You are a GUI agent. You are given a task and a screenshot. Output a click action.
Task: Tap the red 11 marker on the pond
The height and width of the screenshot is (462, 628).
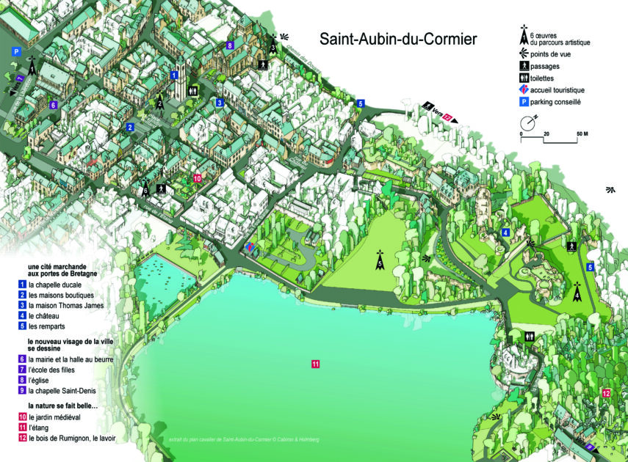pyautogui.click(x=314, y=364)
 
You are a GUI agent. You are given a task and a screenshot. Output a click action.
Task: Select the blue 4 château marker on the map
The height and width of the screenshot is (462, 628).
pyautogui.click(x=505, y=232)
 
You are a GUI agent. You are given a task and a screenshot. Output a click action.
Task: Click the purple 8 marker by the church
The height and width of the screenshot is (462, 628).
pyautogui.click(x=230, y=45)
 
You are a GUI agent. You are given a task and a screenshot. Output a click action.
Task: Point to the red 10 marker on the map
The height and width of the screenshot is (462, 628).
pyautogui.click(x=197, y=177)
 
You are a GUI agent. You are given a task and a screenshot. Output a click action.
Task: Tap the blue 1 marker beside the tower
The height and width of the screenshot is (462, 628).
pyautogui.click(x=174, y=75)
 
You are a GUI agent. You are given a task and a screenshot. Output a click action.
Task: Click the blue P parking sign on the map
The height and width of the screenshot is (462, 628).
pyautogui.click(x=15, y=51)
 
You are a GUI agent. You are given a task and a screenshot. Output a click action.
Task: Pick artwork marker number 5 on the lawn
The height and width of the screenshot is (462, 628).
pyautogui.click(x=380, y=260)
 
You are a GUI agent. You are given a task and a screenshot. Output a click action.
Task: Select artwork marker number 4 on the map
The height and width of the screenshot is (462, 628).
pyautogui.click(x=577, y=293)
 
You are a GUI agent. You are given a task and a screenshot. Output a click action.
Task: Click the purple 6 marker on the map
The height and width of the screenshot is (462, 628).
pyautogui.click(x=53, y=105)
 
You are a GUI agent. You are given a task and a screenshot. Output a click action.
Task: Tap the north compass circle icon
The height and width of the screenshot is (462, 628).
pyautogui.click(x=530, y=122)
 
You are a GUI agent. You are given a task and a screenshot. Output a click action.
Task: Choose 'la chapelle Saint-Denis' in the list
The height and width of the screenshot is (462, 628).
pyautogui.click(x=64, y=391)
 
